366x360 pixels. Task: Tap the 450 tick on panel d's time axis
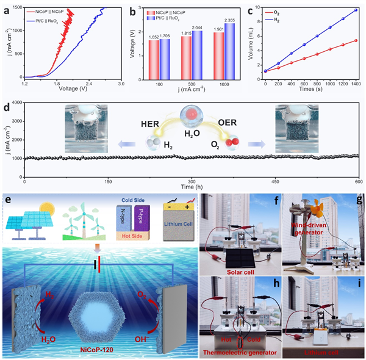pyautogui.click(x=274, y=182)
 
